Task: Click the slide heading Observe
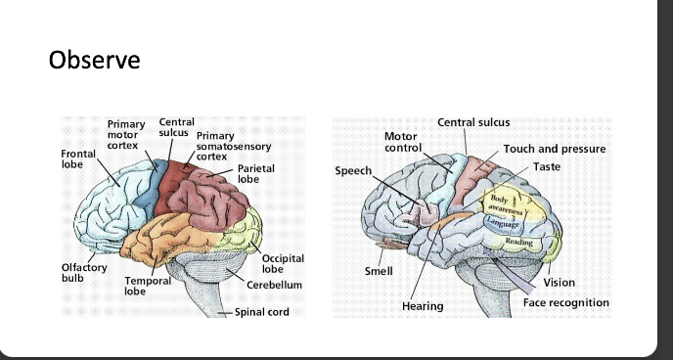[94, 60]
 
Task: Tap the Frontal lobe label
[78, 159]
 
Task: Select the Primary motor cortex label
[126, 135]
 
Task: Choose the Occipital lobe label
[284, 262]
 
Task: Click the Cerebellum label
[274, 284]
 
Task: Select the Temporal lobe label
[147, 286]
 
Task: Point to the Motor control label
[401, 141]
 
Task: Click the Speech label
[353, 170]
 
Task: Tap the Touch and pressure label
[554, 149]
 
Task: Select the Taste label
[548, 167]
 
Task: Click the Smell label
[379, 271]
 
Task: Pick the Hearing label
[423, 306]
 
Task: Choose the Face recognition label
[565, 302]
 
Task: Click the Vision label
[560, 283]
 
